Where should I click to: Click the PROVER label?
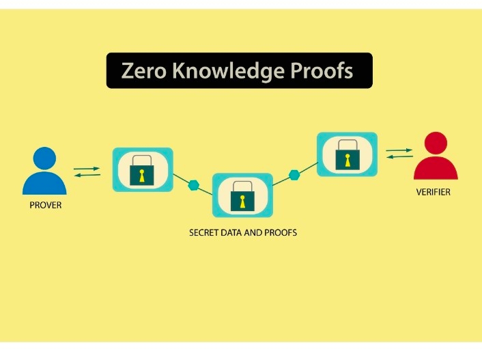coord(46,205)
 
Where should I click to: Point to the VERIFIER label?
coord(434,193)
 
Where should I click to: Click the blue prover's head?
coord(45,158)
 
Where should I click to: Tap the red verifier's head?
coord(435,144)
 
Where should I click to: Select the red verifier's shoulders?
coord(435,169)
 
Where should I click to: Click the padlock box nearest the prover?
coord(142,169)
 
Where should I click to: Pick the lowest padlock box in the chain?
coord(242,195)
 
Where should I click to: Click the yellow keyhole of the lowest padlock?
coord(242,200)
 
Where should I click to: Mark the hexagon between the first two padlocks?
coord(194,185)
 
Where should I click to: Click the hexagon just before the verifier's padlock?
coord(294,175)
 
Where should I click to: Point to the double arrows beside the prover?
coord(87,171)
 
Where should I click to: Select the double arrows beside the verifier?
coord(399,153)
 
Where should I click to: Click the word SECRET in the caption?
coord(203,233)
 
